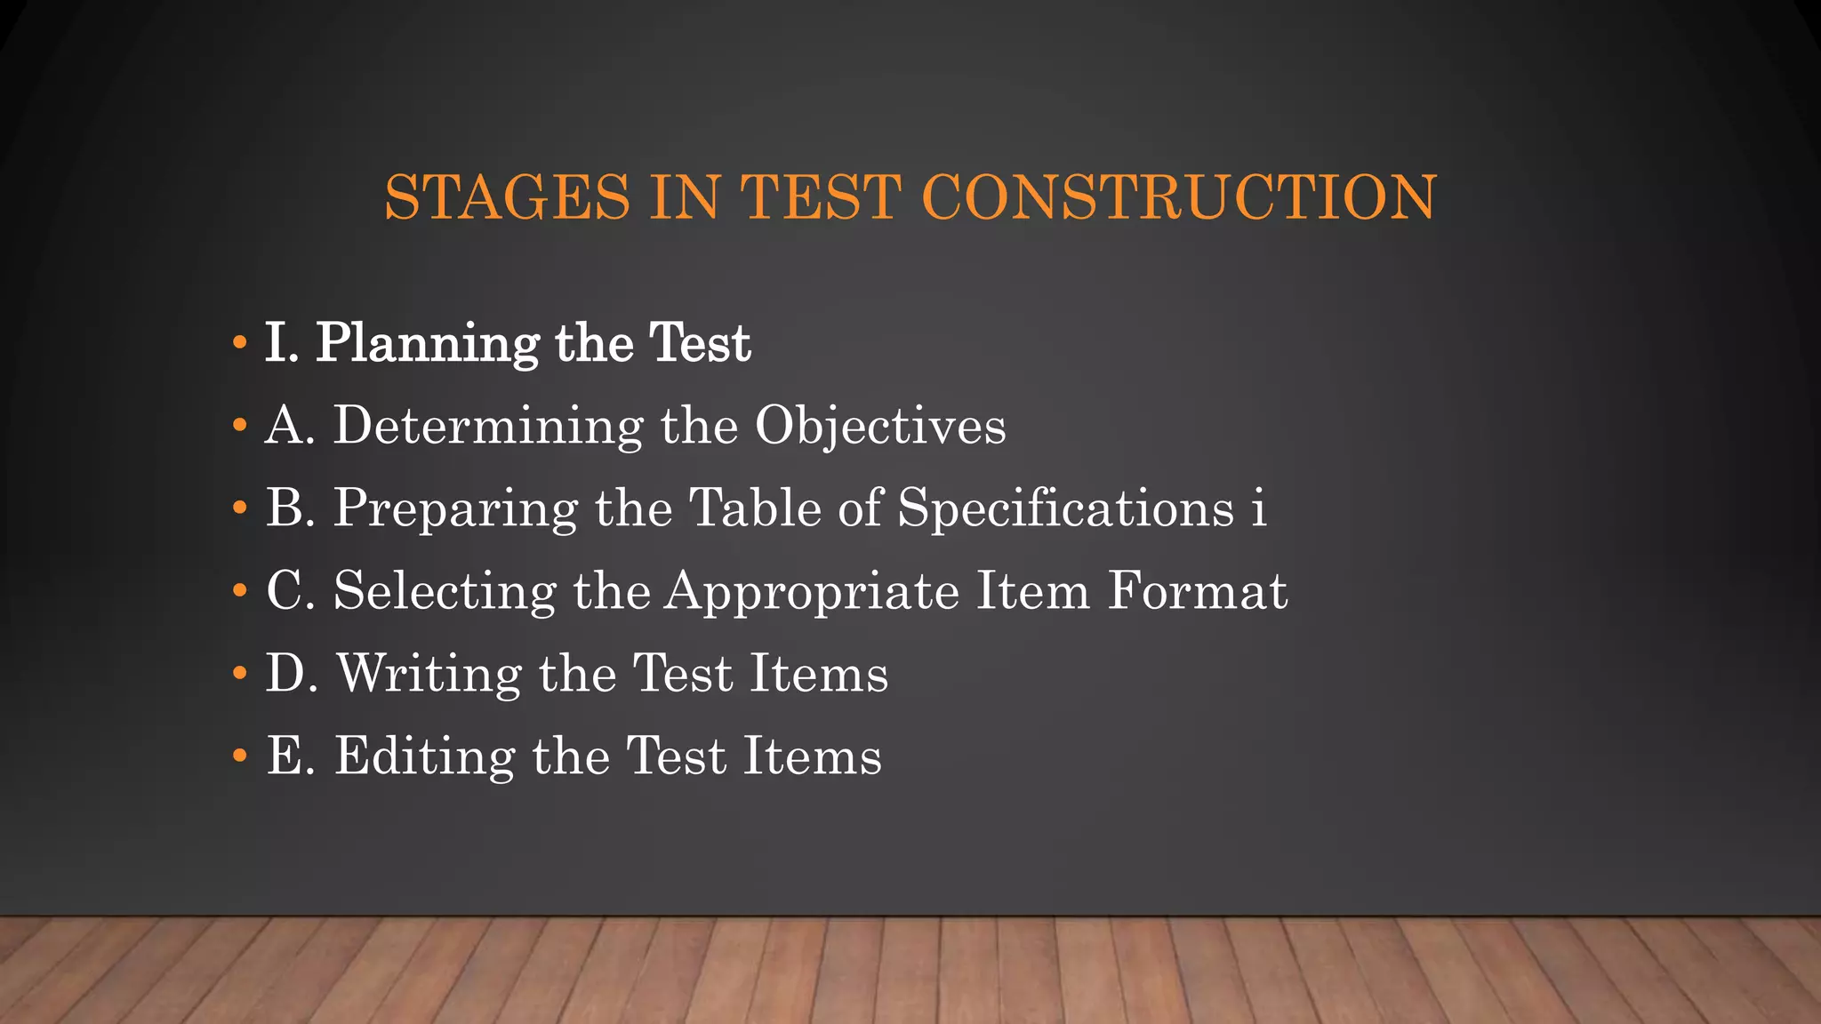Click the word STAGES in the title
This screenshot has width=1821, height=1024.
507,196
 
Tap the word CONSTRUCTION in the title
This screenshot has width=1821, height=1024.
1179,196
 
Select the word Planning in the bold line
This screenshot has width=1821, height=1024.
428,344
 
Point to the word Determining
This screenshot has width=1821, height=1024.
488,426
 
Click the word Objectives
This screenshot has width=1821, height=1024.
880,427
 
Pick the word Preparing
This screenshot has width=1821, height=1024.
455,509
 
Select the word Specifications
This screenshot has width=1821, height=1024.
1065,509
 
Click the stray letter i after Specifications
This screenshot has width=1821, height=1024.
1257,508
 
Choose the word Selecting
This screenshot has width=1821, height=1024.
445,591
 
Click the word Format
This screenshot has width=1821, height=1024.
1197,590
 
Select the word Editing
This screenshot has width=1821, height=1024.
424,756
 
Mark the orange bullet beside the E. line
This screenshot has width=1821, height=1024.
238,756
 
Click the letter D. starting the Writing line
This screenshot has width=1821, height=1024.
292,673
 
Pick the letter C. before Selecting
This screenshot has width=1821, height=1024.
291,590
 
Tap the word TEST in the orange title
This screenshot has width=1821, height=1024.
821,196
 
